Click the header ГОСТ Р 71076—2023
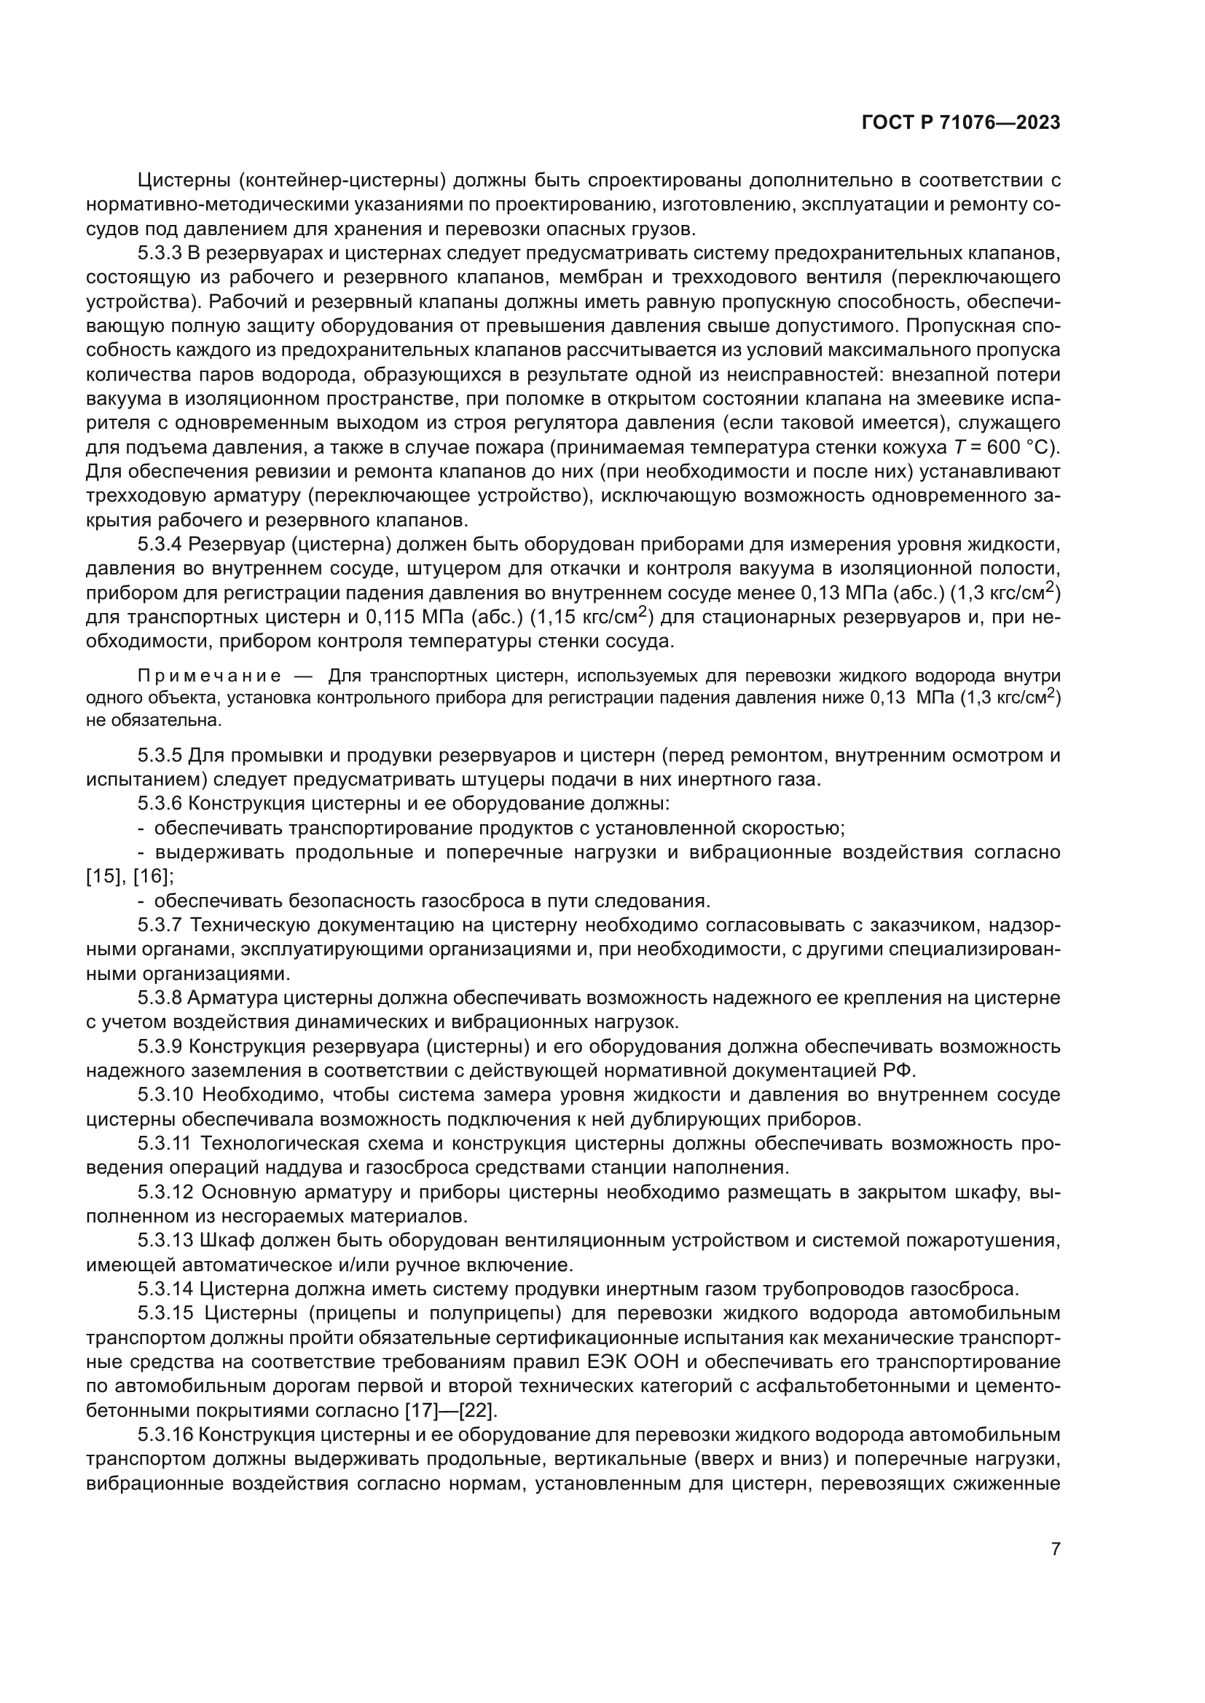pos(961,123)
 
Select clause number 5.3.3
pos(160,253)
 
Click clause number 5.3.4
pos(160,545)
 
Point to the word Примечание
pos(209,676)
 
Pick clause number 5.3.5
pos(160,756)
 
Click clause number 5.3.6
pos(160,804)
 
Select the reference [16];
pos(154,876)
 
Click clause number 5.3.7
pos(160,925)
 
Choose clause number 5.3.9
pos(160,1046)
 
